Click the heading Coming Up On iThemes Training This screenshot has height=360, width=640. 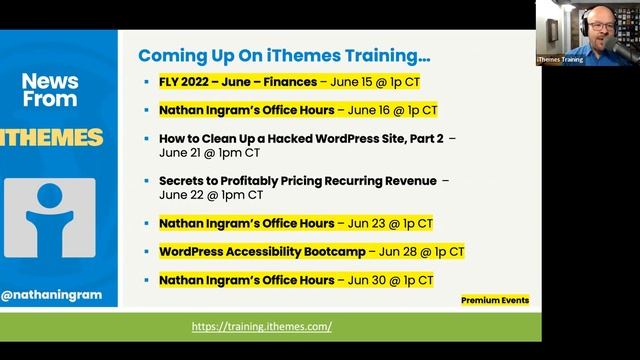pos(284,55)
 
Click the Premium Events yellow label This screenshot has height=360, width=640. pos(495,300)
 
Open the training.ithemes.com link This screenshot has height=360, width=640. pos(262,327)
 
